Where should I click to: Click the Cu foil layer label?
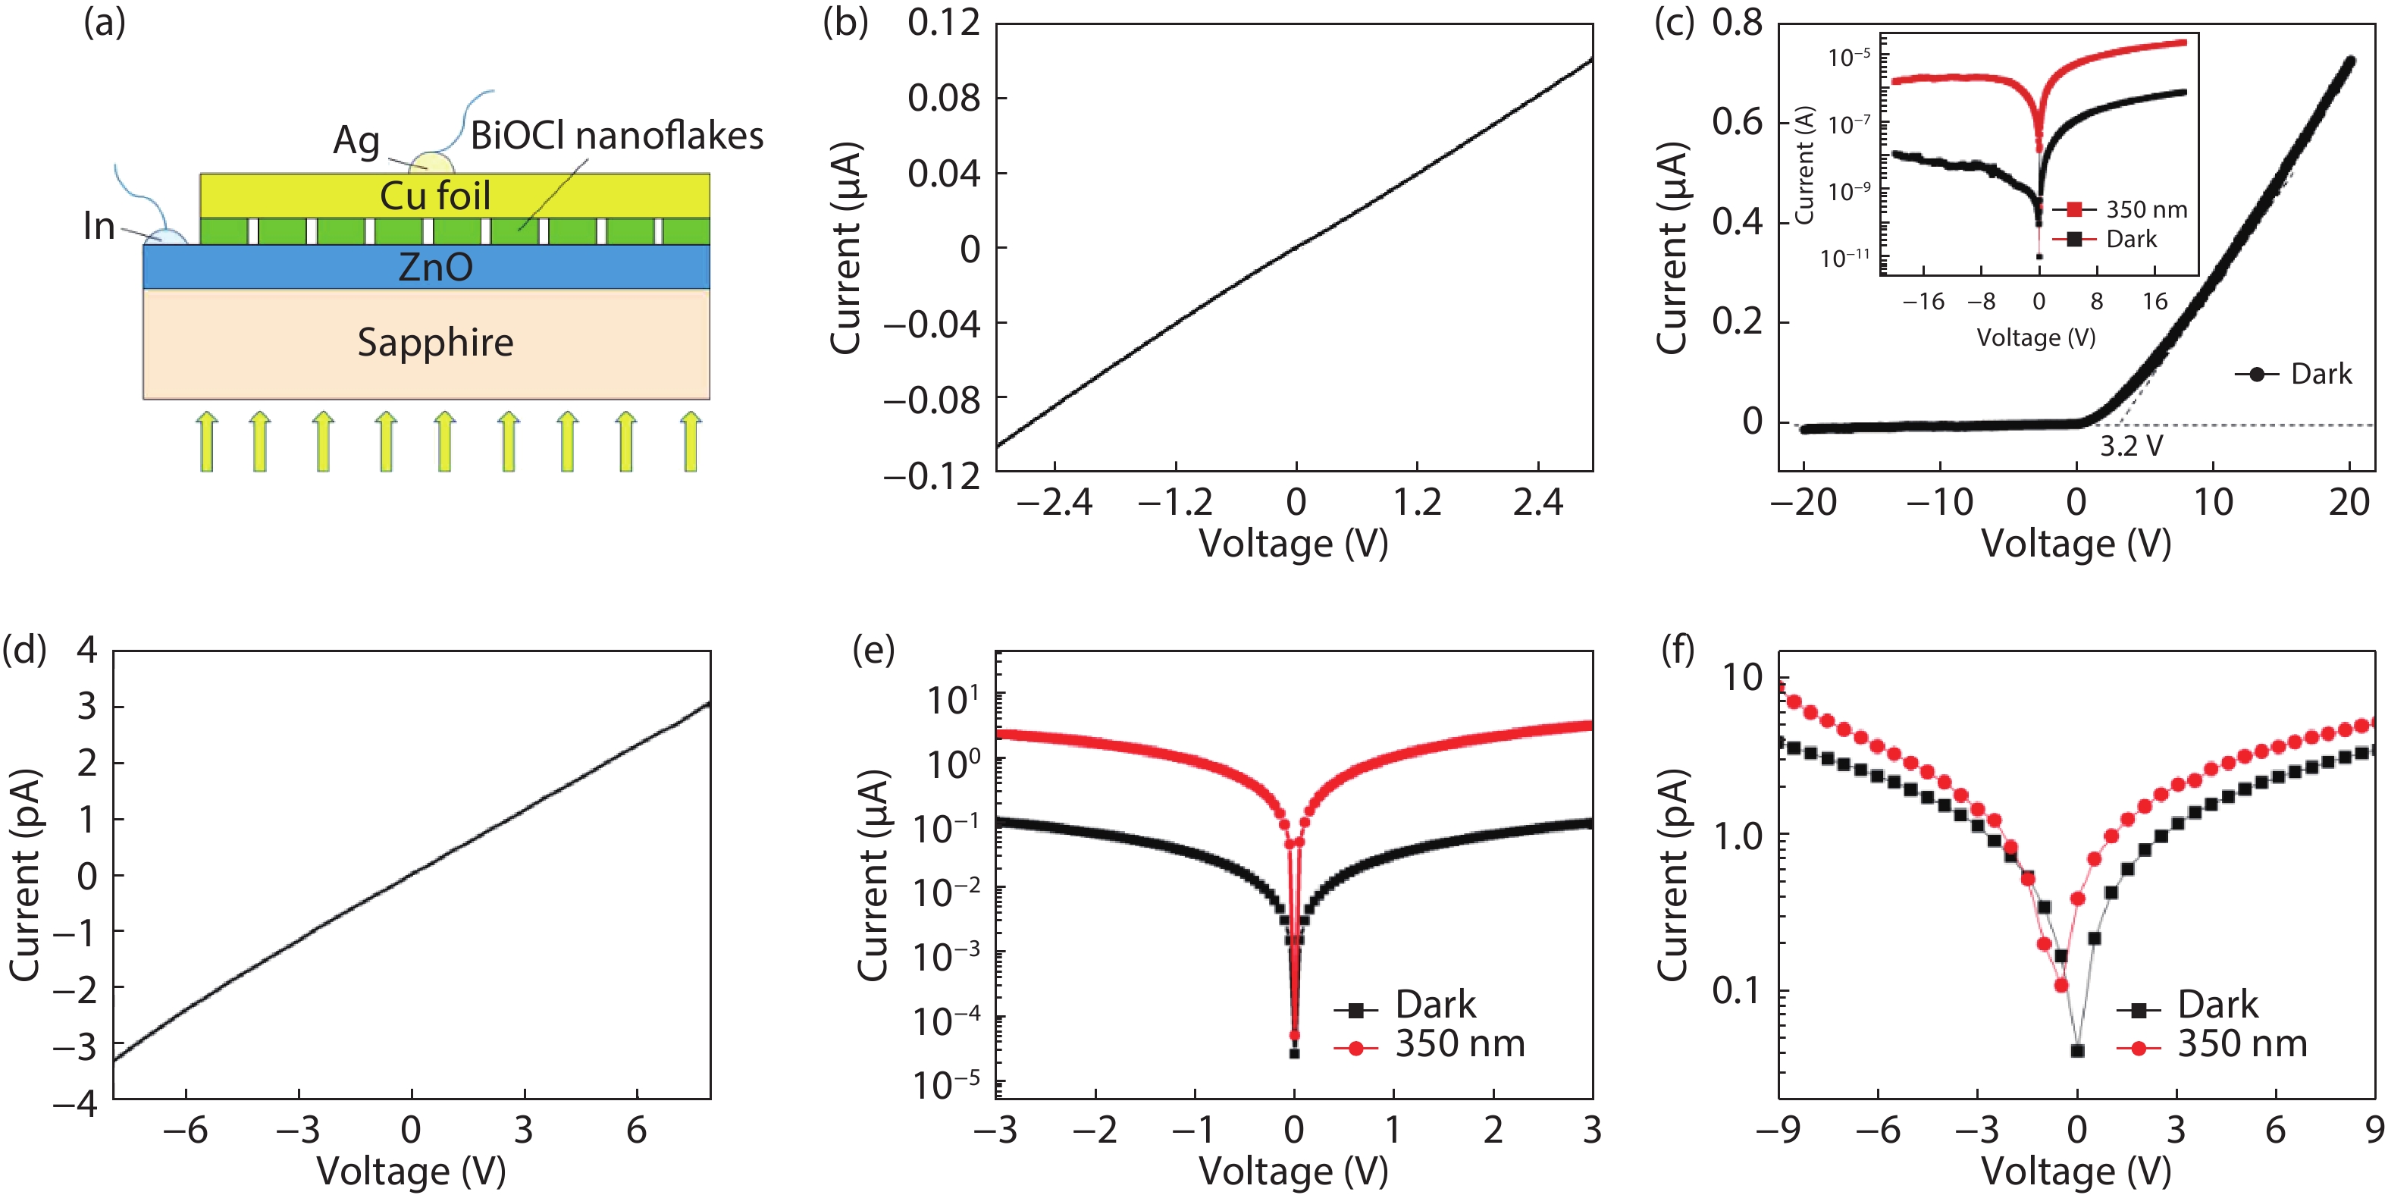coord(435,196)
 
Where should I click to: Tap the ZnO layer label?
coord(435,267)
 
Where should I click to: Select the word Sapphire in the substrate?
coord(435,343)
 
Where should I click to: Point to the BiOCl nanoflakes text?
coord(616,136)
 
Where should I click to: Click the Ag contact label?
coord(357,141)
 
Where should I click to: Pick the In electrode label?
coord(99,226)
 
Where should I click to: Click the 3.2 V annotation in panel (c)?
coord(2130,446)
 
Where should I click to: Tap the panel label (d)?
coord(24,649)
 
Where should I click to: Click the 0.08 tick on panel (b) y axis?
coord(943,97)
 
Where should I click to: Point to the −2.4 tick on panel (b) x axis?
coord(1054,503)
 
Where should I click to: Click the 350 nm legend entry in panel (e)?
coord(1459,1044)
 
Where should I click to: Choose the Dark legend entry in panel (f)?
coord(2217,1005)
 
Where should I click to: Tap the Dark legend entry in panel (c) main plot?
coord(2321,374)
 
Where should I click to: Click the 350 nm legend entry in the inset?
coord(2146,209)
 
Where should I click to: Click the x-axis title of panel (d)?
coord(411,1171)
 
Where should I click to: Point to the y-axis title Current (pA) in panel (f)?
coord(1673,874)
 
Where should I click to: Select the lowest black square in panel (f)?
coord(2077,1050)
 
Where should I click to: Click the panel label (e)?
coord(873,649)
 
